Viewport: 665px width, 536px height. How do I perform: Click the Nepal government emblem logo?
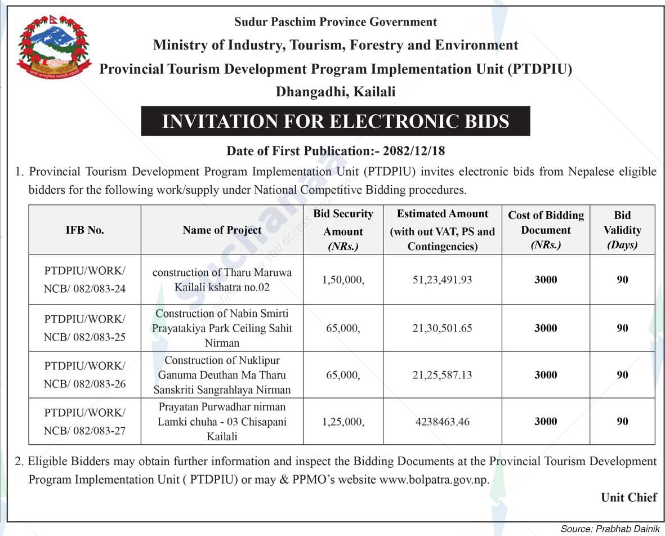[54, 47]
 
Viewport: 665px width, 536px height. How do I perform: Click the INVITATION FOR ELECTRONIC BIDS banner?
[335, 121]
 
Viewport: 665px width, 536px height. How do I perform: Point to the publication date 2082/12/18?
[414, 151]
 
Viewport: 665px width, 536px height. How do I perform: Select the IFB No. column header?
[84, 230]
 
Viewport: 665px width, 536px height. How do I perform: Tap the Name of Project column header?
[222, 230]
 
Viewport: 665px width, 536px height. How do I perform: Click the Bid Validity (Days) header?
[622, 230]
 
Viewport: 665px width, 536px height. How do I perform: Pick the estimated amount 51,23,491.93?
[442, 279]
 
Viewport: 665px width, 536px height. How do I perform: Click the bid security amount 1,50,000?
[343, 279]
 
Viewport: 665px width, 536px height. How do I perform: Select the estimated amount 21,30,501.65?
[442, 328]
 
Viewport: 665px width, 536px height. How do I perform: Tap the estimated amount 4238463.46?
[442, 421]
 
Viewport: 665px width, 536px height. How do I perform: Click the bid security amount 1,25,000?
[343, 421]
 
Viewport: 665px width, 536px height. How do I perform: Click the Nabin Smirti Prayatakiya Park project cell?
[222, 328]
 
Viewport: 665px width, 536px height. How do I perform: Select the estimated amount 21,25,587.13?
[442, 375]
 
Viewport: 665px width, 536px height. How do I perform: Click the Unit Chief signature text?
[628, 497]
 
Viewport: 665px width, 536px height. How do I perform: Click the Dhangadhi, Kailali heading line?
[335, 91]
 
